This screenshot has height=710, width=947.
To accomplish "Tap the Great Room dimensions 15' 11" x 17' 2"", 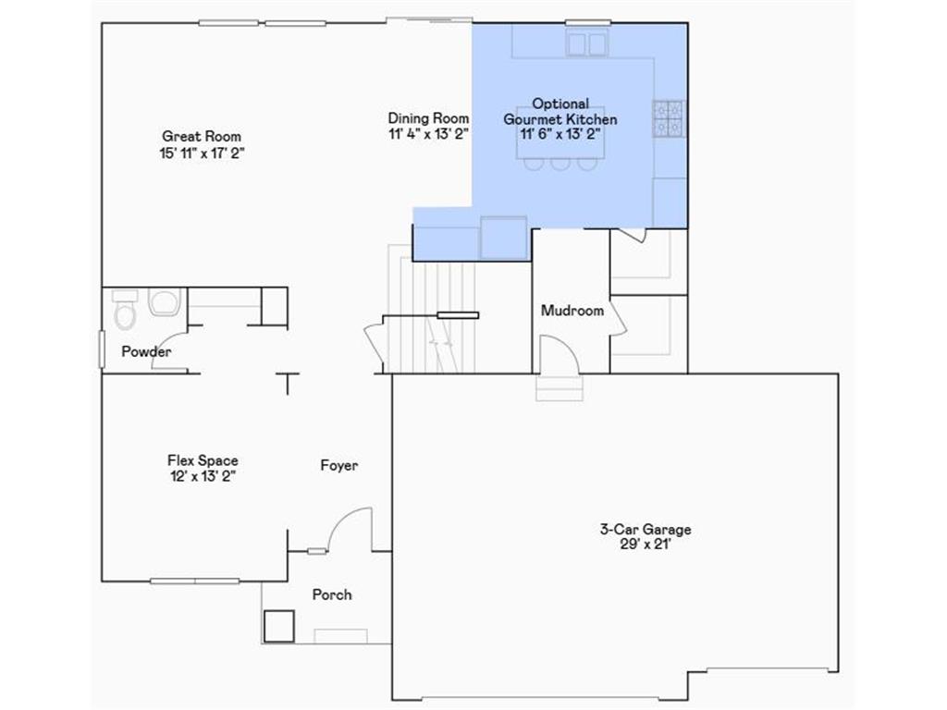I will [202, 153].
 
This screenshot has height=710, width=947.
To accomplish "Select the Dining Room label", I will [428, 118].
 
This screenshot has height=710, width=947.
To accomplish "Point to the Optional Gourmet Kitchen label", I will [560, 112].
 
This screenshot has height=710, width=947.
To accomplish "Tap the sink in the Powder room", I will [164, 302].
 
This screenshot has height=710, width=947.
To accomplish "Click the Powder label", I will [146, 352].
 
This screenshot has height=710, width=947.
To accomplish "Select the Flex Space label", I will [203, 460].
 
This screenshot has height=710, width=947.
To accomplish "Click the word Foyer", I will [339, 466].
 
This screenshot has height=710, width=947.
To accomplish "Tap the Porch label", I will [331, 594].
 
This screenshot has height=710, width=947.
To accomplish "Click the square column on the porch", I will [278, 627].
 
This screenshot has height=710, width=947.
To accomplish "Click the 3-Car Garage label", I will [645, 530].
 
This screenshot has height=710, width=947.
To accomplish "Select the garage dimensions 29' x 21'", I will [645, 545].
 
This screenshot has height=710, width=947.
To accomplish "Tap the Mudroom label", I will [572, 311].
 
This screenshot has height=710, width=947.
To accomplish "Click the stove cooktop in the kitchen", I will [669, 118].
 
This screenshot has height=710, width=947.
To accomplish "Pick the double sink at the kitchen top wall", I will [587, 43].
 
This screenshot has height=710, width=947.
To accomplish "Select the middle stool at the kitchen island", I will [560, 165].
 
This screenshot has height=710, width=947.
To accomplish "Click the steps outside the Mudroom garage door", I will [560, 387].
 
